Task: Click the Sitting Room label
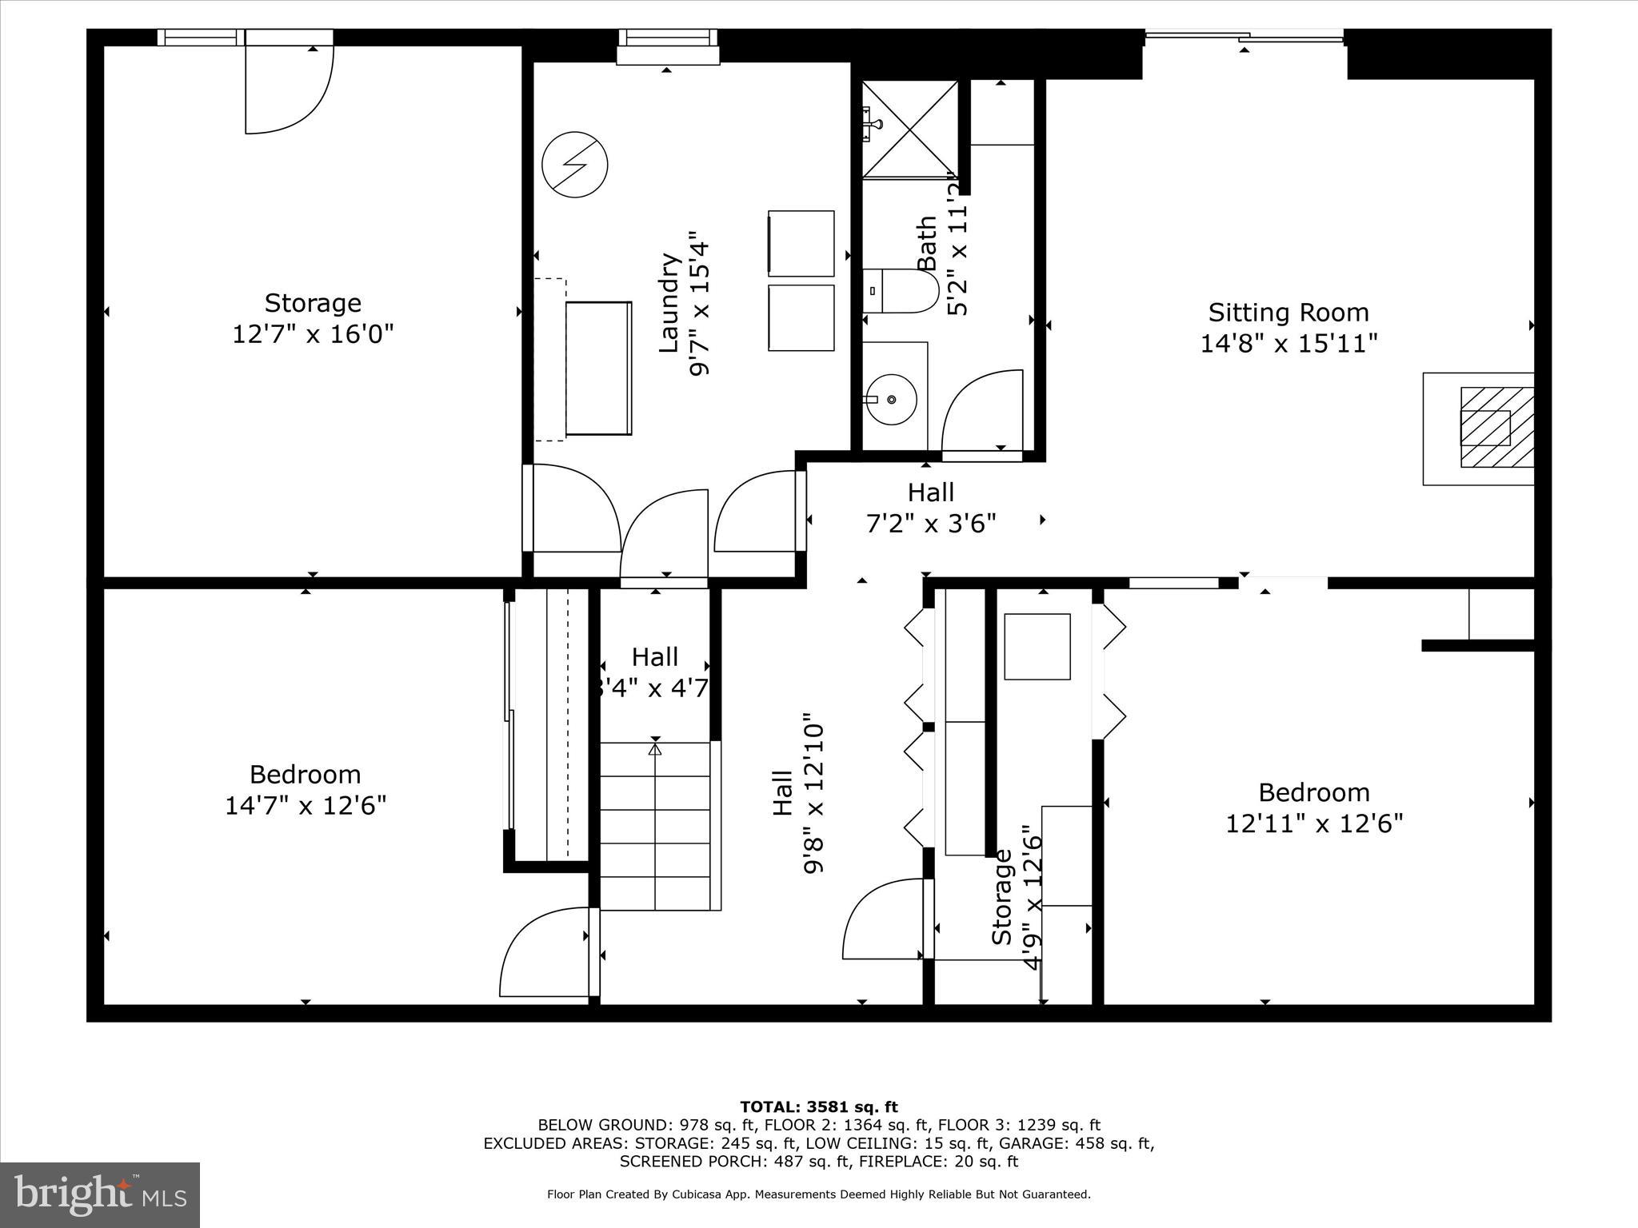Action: coord(1288,313)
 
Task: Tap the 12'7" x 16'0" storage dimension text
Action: coord(313,333)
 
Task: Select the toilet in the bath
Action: coord(902,292)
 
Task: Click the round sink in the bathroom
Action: coord(891,399)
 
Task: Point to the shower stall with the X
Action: coord(910,128)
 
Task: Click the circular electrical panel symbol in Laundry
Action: coord(574,165)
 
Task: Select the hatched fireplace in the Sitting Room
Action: coord(1496,427)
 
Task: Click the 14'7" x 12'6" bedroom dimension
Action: coord(306,805)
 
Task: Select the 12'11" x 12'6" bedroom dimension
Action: coord(1314,823)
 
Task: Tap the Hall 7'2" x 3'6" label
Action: coord(931,508)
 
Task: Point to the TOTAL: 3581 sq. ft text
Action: coord(818,1107)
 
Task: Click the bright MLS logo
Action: coord(100,1194)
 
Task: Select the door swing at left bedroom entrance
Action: coord(544,954)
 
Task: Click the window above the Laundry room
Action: coord(668,38)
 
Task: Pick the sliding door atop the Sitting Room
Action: coord(1244,35)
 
